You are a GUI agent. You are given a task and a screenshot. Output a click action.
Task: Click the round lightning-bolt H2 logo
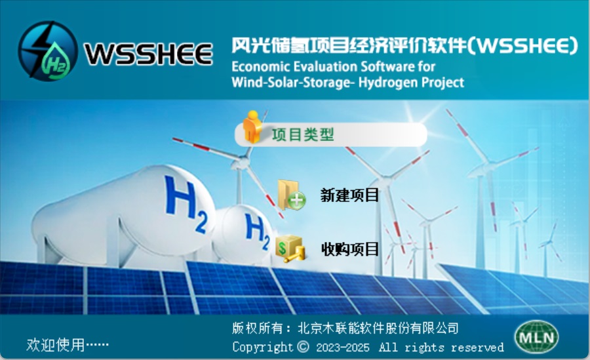pos(48,51)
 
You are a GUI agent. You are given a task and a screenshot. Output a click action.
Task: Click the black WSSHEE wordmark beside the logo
pos(149,54)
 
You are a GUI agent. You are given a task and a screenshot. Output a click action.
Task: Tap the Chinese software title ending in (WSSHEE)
pos(404,45)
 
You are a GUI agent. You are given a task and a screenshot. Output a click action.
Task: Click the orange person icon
pos(252,127)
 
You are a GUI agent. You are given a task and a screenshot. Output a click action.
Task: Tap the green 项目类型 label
pos(303,134)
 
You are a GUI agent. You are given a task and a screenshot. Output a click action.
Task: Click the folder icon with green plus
pos(291,195)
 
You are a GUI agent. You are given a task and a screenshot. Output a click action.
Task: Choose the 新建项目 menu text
pos(349,195)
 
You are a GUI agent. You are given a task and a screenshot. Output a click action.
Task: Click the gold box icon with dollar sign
pos(290,249)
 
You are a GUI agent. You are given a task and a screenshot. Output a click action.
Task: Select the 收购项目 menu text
pos(350,249)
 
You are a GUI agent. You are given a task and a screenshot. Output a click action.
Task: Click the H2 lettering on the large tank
pos(186,204)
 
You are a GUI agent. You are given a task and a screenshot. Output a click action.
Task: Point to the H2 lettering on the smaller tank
pos(258,231)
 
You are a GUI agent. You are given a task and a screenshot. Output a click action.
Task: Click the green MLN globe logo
pos(536,336)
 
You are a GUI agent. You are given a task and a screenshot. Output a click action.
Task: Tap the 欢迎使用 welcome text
pos(55,344)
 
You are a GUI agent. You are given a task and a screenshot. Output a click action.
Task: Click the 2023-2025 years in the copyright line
pos(343,347)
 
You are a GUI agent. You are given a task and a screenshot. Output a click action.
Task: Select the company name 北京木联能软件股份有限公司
pos(378,328)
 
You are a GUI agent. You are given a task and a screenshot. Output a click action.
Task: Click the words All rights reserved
pos(441,347)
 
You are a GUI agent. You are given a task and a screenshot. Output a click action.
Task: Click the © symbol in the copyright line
pos(304,346)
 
